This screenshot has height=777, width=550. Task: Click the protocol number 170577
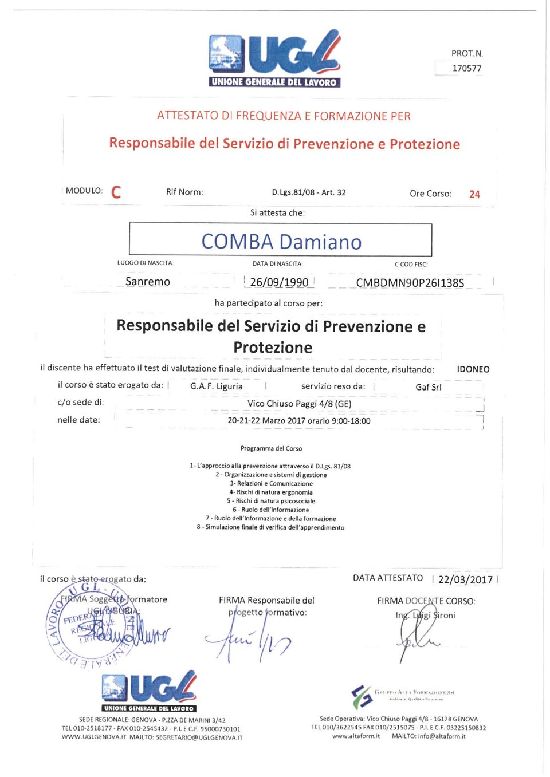(x=466, y=68)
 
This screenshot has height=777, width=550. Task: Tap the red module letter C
(x=116, y=192)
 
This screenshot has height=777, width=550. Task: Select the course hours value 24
(x=474, y=194)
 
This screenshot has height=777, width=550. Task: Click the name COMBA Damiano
(x=281, y=242)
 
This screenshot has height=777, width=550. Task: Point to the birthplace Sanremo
(x=148, y=282)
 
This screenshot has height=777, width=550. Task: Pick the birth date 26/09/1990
(x=279, y=282)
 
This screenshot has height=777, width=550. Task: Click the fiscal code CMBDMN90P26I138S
(x=410, y=283)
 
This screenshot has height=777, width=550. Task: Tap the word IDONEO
(x=473, y=369)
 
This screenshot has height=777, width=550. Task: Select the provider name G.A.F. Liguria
(x=217, y=386)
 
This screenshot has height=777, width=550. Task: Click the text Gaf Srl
(x=428, y=387)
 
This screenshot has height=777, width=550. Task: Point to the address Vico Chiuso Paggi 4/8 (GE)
(x=299, y=404)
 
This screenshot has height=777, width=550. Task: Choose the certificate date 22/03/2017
(x=465, y=579)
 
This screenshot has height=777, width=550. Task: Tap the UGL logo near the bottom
(x=149, y=691)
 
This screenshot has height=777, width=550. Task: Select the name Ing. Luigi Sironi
(x=425, y=616)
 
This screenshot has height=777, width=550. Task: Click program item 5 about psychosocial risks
(x=271, y=501)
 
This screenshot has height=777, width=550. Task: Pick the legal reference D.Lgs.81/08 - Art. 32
(x=309, y=192)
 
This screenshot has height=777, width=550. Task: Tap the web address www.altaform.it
(x=356, y=736)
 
